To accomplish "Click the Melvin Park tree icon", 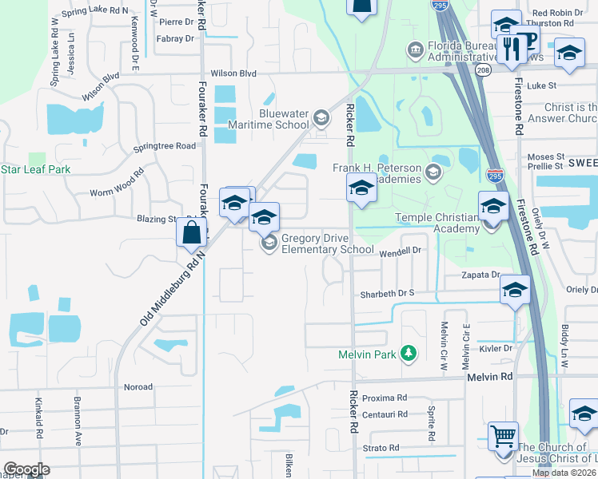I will click(409, 353).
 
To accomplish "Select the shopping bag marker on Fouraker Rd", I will click(192, 233).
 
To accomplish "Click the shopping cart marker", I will click(503, 437).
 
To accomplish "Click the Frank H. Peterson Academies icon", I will click(433, 171).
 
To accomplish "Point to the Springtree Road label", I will click(165, 146).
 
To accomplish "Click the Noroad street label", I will click(138, 387).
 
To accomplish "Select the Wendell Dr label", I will click(399, 251).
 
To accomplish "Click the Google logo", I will click(26, 469).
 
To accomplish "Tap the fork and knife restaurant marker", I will click(508, 48).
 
